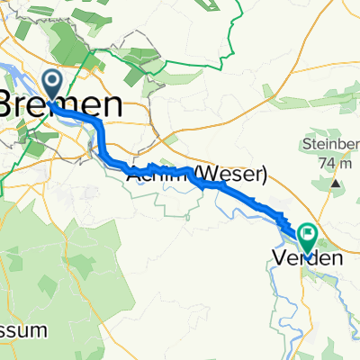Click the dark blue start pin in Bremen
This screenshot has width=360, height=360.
pos(51,85)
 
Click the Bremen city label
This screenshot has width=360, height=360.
pos(61,104)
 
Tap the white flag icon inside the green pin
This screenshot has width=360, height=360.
pos(309,237)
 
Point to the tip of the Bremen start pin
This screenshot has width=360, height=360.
pos(51,100)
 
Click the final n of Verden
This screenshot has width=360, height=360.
pos(338,259)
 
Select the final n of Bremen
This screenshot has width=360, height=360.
pos(113,104)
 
